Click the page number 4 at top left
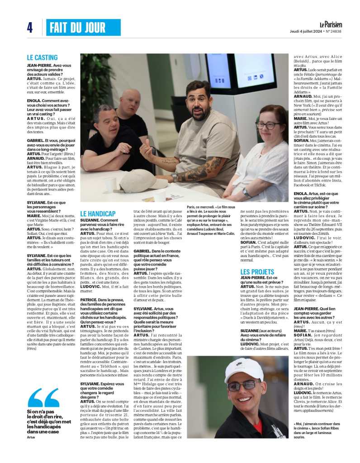click(x=29, y=28)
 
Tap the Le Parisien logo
click(x=331, y=24)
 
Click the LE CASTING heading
click(x=43, y=57)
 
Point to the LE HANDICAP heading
click(x=98, y=213)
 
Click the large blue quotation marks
click(x=44, y=398)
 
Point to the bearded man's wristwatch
click(x=175, y=177)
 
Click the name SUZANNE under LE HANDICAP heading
click(x=90, y=220)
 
